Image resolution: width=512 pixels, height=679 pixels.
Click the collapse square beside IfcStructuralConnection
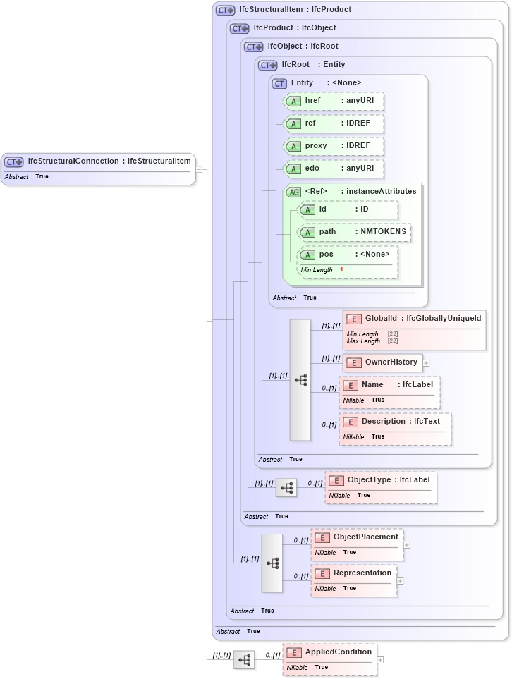[199, 169]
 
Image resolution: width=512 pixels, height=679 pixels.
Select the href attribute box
[334, 101]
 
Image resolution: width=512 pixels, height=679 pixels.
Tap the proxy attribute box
[334, 146]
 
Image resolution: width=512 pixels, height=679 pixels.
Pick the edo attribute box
[334, 169]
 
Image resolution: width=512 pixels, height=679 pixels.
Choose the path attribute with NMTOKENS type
[354, 232]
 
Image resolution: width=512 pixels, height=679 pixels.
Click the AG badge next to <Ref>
[293, 191]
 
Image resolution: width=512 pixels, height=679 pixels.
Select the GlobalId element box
[414, 319]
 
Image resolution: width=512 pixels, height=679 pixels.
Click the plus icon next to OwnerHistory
[426, 363]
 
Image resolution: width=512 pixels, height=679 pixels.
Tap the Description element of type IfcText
[395, 422]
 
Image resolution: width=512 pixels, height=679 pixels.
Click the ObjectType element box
[381, 480]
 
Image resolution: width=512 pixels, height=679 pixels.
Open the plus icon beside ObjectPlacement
[407, 545]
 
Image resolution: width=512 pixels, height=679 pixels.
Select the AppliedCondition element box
[329, 652]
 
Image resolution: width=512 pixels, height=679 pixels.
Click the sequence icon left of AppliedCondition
[244, 660]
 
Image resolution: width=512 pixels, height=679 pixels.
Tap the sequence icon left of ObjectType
[286, 488]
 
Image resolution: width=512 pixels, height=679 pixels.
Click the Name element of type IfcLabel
[389, 385]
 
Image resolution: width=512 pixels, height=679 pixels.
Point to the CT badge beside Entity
[279, 83]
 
